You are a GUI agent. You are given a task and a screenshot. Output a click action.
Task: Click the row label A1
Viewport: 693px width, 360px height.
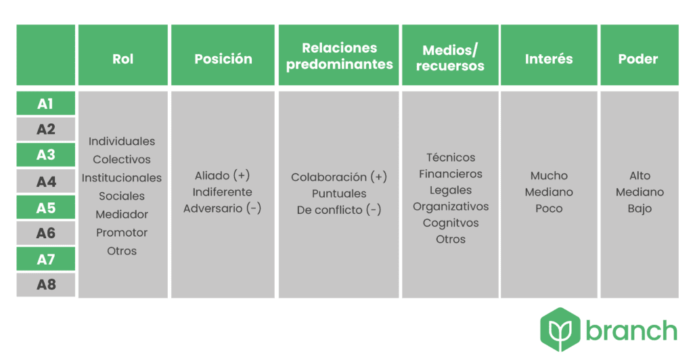point(45,104)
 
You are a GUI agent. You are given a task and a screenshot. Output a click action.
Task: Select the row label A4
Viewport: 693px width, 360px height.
point(46,181)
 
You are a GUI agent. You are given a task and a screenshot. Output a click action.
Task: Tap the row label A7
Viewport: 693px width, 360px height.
point(46,259)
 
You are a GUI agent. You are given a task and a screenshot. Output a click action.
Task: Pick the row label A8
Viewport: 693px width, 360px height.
point(46,284)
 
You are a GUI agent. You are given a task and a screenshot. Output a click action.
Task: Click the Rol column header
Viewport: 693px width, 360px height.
point(123,59)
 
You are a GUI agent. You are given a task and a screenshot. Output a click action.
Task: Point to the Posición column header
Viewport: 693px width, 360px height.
point(223,59)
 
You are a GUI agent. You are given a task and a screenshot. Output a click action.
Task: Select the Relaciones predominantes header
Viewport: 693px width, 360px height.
point(340,56)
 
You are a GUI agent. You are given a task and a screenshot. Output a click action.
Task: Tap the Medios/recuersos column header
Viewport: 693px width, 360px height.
point(450,58)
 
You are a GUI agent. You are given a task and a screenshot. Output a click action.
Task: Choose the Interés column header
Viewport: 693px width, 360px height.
point(549,59)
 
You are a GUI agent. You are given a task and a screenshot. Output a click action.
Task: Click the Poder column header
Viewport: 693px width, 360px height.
point(638,59)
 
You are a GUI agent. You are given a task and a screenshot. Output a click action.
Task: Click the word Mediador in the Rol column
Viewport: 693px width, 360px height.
point(122,215)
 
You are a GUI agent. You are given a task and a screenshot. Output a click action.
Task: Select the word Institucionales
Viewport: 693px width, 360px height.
point(122,177)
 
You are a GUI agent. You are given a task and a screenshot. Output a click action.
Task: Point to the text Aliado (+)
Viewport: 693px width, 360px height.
point(222,175)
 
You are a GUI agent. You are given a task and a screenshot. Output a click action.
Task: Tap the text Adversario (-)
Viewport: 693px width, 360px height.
point(222,208)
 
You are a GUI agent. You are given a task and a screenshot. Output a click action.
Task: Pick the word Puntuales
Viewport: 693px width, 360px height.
point(339,194)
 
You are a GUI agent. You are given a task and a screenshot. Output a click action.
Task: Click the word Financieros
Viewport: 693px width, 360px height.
point(450,174)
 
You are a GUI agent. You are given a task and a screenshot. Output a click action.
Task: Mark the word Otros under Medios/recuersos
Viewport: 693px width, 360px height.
point(450,239)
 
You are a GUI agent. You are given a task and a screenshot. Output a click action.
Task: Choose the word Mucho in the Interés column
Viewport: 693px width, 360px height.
point(549,175)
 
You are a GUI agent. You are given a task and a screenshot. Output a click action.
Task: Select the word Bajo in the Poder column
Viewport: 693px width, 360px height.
point(640,208)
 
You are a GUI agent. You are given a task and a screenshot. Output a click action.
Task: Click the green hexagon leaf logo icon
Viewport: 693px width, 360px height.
point(560,330)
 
